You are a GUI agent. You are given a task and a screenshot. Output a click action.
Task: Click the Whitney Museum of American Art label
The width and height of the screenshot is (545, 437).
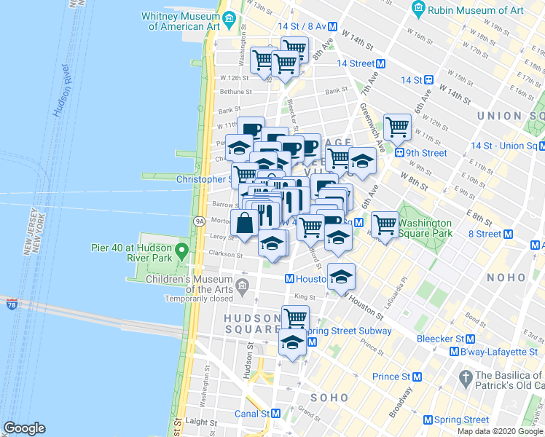183,20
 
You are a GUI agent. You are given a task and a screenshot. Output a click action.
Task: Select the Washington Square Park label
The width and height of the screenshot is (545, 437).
425,228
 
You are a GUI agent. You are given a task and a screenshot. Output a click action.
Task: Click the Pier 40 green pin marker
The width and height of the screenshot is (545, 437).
184,253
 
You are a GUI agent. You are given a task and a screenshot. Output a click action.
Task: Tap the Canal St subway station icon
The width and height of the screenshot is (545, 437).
276,413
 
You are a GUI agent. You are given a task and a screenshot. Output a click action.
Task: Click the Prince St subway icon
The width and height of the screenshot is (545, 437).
417,377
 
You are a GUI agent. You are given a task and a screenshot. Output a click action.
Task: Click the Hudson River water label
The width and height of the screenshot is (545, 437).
61,90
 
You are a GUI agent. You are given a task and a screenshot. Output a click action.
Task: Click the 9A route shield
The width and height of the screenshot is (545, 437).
199,221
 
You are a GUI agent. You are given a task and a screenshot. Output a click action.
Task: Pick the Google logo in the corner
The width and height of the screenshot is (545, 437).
24,428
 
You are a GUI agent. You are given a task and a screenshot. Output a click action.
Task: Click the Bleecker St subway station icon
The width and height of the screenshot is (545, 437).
470,339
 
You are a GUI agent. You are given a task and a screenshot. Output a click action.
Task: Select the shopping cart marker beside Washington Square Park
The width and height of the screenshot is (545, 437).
385,223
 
